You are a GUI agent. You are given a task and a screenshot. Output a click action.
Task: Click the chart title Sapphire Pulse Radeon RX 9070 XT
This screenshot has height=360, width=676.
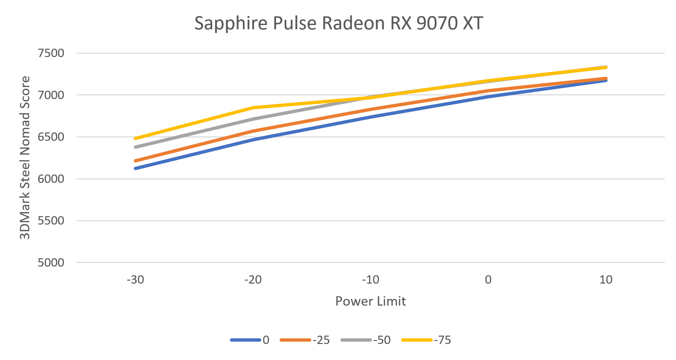point(338,23)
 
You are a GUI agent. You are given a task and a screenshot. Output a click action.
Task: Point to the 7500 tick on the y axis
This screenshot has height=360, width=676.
point(51,53)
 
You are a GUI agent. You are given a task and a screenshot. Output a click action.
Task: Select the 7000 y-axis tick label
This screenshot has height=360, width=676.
point(51,95)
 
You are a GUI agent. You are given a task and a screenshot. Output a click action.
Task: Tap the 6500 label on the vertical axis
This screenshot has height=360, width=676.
point(51,137)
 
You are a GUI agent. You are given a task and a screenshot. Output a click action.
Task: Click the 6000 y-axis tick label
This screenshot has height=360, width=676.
point(51,179)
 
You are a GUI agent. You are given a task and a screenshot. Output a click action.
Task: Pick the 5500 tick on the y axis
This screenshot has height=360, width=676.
point(51,221)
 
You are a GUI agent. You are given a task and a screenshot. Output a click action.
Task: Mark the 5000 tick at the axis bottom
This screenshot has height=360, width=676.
point(51,263)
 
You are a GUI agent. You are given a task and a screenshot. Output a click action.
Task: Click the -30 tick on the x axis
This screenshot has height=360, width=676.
point(135,280)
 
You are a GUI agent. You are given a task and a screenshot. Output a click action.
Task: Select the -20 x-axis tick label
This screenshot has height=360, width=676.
point(253,280)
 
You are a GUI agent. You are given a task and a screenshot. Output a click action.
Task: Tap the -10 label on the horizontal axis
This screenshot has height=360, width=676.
point(370,280)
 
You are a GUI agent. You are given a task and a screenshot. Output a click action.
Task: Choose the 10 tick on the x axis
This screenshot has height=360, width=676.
point(606,280)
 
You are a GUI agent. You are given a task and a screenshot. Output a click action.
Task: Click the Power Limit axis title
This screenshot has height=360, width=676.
point(370,301)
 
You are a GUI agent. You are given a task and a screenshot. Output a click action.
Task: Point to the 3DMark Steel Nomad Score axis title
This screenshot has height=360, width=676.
point(25,157)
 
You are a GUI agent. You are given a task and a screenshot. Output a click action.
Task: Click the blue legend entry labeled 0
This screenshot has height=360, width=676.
point(250,340)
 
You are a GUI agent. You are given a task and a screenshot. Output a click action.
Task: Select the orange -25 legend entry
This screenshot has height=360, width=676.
point(305,340)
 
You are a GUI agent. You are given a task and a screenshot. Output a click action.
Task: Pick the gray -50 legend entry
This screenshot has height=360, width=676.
point(366,340)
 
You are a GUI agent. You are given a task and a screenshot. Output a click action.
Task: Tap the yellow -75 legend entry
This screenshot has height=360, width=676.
point(426,340)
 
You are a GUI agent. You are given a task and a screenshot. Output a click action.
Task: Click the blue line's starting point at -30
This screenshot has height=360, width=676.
point(135,168)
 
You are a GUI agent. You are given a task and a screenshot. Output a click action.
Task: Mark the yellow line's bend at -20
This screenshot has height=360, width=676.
point(253,108)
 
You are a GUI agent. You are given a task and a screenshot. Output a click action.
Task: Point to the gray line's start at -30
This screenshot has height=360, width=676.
point(135,147)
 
